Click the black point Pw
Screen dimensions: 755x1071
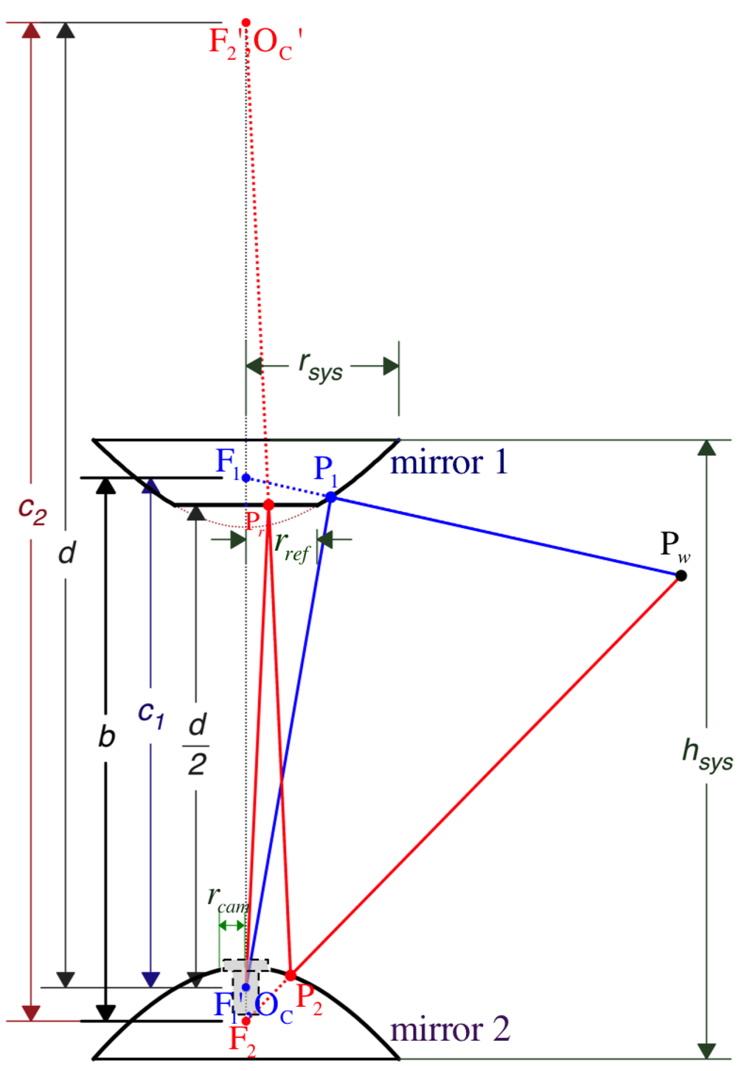click(681, 575)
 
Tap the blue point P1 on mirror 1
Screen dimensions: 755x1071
click(331, 498)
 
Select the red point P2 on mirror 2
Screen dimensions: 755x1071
click(290, 975)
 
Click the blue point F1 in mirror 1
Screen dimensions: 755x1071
click(246, 478)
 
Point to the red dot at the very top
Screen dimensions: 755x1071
click(246, 23)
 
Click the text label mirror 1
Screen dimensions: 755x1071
click(449, 463)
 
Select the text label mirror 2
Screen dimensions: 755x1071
click(450, 1029)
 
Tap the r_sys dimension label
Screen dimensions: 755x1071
click(321, 366)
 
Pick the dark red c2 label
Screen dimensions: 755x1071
click(32, 510)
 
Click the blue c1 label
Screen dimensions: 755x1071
click(151, 714)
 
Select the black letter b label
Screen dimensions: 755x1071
click(107, 736)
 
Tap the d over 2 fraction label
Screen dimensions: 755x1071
click(197, 744)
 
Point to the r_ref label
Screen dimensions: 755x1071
click(291, 546)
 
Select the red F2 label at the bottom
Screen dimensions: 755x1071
click(242, 1041)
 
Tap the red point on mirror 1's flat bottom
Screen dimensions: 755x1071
click(268, 505)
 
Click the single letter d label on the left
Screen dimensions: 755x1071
click(66, 552)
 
